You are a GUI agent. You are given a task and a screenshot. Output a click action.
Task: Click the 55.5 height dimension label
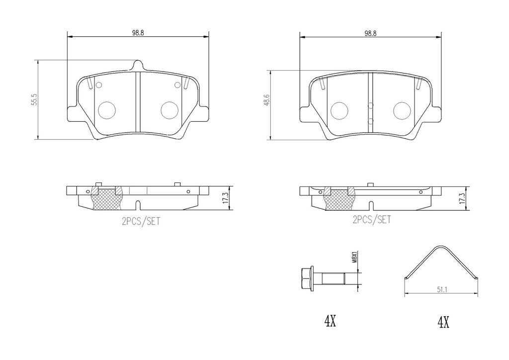pyautogui.click(x=35, y=99)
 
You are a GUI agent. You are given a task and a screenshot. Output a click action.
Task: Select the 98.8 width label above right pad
pyautogui.click(x=370, y=33)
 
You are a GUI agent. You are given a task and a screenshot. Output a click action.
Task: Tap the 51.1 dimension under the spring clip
pyautogui.click(x=442, y=290)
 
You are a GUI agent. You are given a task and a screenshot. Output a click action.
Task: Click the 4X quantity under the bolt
pyautogui.click(x=330, y=321)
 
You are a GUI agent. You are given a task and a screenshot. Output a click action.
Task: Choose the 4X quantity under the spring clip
pyautogui.click(x=443, y=323)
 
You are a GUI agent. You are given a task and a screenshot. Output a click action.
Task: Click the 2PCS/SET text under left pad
pyautogui.click(x=141, y=221)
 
